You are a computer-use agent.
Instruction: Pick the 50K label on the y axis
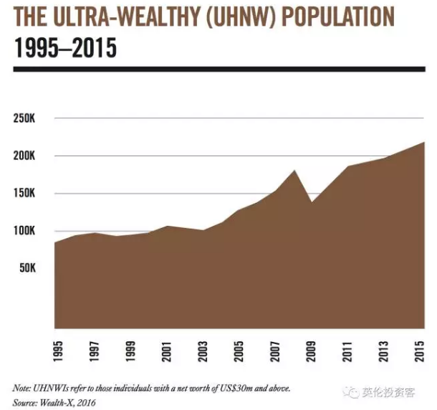click(x=27, y=268)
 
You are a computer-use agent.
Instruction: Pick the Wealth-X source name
click(x=57, y=402)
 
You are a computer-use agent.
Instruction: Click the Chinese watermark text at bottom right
click(x=388, y=392)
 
